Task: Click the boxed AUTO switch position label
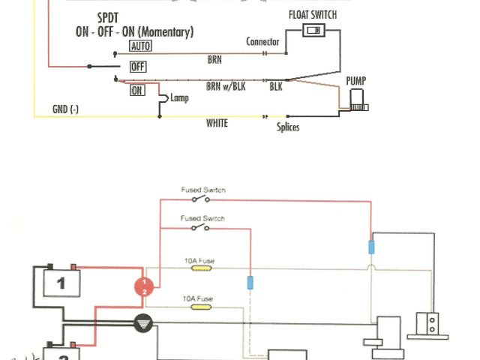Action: pos(140,46)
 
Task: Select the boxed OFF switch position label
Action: pos(138,67)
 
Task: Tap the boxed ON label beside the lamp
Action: pos(137,90)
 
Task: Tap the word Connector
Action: pos(262,42)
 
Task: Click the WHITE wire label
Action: pos(217,123)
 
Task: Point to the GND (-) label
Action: pos(65,109)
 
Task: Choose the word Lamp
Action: pos(181,97)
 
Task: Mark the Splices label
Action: pos(288,127)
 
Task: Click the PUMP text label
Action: pos(355,79)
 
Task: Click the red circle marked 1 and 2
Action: pos(144,286)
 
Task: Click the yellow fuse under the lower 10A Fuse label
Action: pos(199,307)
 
